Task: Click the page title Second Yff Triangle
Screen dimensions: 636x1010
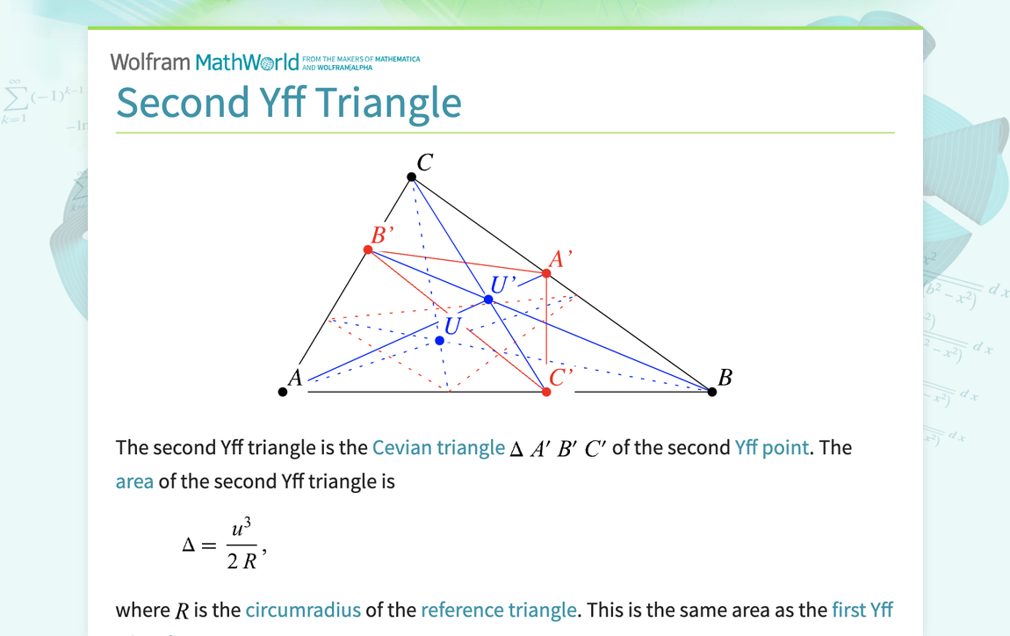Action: (x=289, y=102)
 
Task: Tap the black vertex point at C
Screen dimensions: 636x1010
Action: (x=412, y=177)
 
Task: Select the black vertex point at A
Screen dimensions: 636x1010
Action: (x=283, y=392)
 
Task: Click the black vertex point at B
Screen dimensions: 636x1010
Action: (x=712, y=392)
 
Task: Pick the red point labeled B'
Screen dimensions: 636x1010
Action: (x=368, y=250)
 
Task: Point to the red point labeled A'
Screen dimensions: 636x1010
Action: (x=546, y=274)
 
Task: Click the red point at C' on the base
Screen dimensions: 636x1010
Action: (x=546, y=392)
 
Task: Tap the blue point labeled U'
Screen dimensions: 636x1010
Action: (x=489, y=300)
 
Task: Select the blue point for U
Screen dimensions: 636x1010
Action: (x=440, y=341)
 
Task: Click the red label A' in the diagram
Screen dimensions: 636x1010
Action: (x=560, y=259)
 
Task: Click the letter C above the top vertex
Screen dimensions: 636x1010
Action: (x=425, y=163)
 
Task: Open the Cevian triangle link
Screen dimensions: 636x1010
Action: (x=438, y=447)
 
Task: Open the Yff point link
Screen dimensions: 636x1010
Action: (x=771, y=447)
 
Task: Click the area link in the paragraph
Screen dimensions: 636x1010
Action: (x=134, y=481)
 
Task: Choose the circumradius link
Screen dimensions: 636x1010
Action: (x=303, y=610)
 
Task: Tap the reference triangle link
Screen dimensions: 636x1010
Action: (x=499, y=610)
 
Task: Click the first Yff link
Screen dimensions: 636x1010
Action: (x=862, y=610)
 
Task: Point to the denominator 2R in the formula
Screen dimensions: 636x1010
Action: (x=242, y=562)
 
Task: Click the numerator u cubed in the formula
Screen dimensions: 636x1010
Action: (x=242, y=530)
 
